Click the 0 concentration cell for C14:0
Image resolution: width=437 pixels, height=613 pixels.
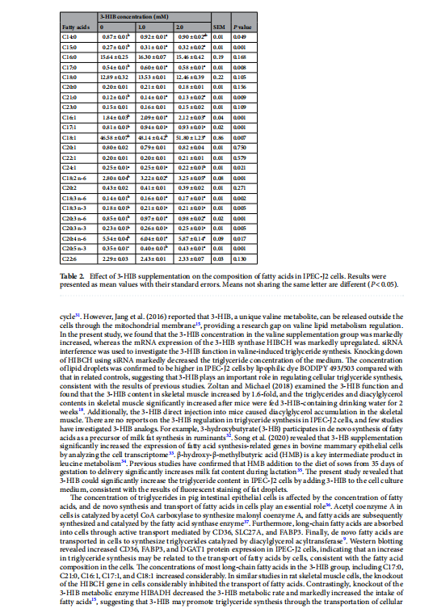116,37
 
